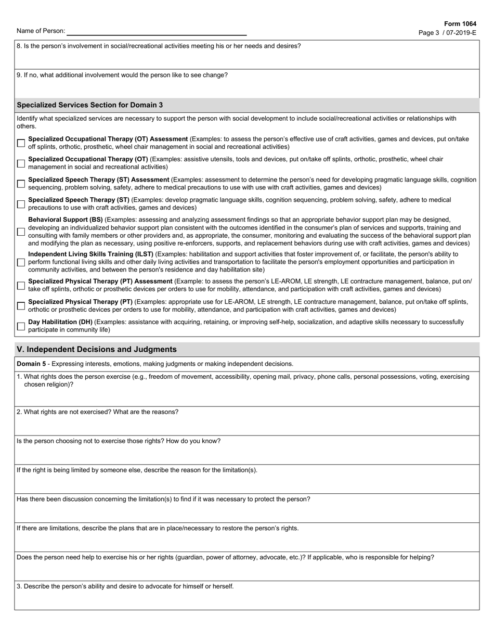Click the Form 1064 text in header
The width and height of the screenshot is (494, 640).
point(460,24)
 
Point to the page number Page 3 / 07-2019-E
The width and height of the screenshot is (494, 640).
point(447,33)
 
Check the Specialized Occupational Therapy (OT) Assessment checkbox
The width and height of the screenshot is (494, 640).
point(21,143)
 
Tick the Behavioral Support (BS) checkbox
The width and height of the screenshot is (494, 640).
point(21,232)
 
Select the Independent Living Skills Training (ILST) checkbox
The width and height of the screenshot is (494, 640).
point(21,262)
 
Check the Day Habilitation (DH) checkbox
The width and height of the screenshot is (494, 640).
point(21,326)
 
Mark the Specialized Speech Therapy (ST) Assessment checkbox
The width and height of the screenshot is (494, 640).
point(21,184)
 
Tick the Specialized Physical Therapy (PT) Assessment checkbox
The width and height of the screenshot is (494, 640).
point(21,286)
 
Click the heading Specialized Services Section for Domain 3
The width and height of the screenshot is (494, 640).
point(89,105)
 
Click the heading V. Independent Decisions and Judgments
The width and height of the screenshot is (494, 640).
point(97,350)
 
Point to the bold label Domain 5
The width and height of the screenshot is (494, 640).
point(31,364)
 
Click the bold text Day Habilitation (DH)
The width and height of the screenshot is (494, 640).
point(60,322)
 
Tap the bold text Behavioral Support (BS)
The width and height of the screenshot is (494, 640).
point(66,220)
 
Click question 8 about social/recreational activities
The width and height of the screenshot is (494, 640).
point(159,46)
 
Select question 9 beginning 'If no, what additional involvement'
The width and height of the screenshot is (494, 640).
point(122,75)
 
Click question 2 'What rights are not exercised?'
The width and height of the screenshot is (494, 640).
point(97,412)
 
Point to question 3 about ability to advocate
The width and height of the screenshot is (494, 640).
point(125,586)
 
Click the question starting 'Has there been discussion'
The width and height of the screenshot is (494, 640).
point(163,500)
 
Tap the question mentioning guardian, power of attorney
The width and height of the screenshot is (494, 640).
point(225,557)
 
